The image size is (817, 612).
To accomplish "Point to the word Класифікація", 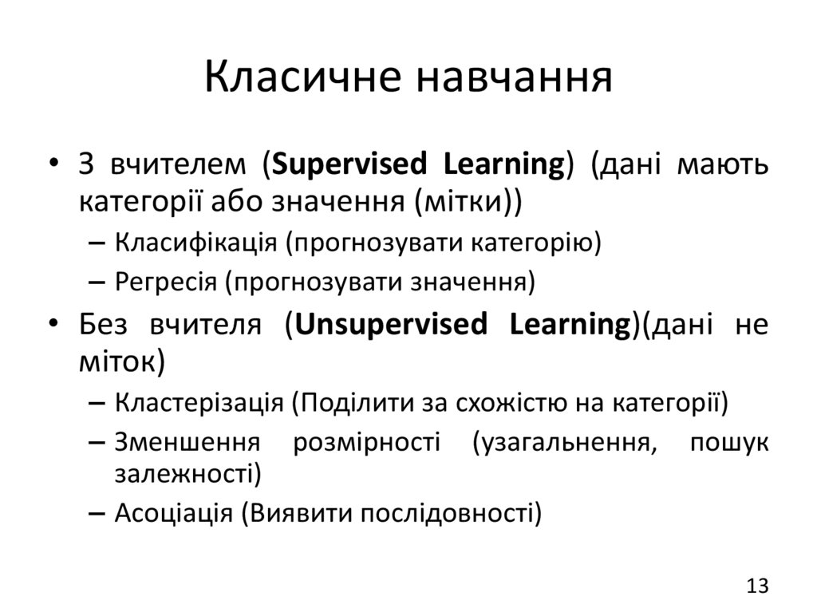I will coord(196,242).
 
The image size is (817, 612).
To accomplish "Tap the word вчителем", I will coord(180,165).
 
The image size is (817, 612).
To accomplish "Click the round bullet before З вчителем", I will coord(53,166).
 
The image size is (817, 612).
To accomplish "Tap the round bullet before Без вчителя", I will coord(53,326).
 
